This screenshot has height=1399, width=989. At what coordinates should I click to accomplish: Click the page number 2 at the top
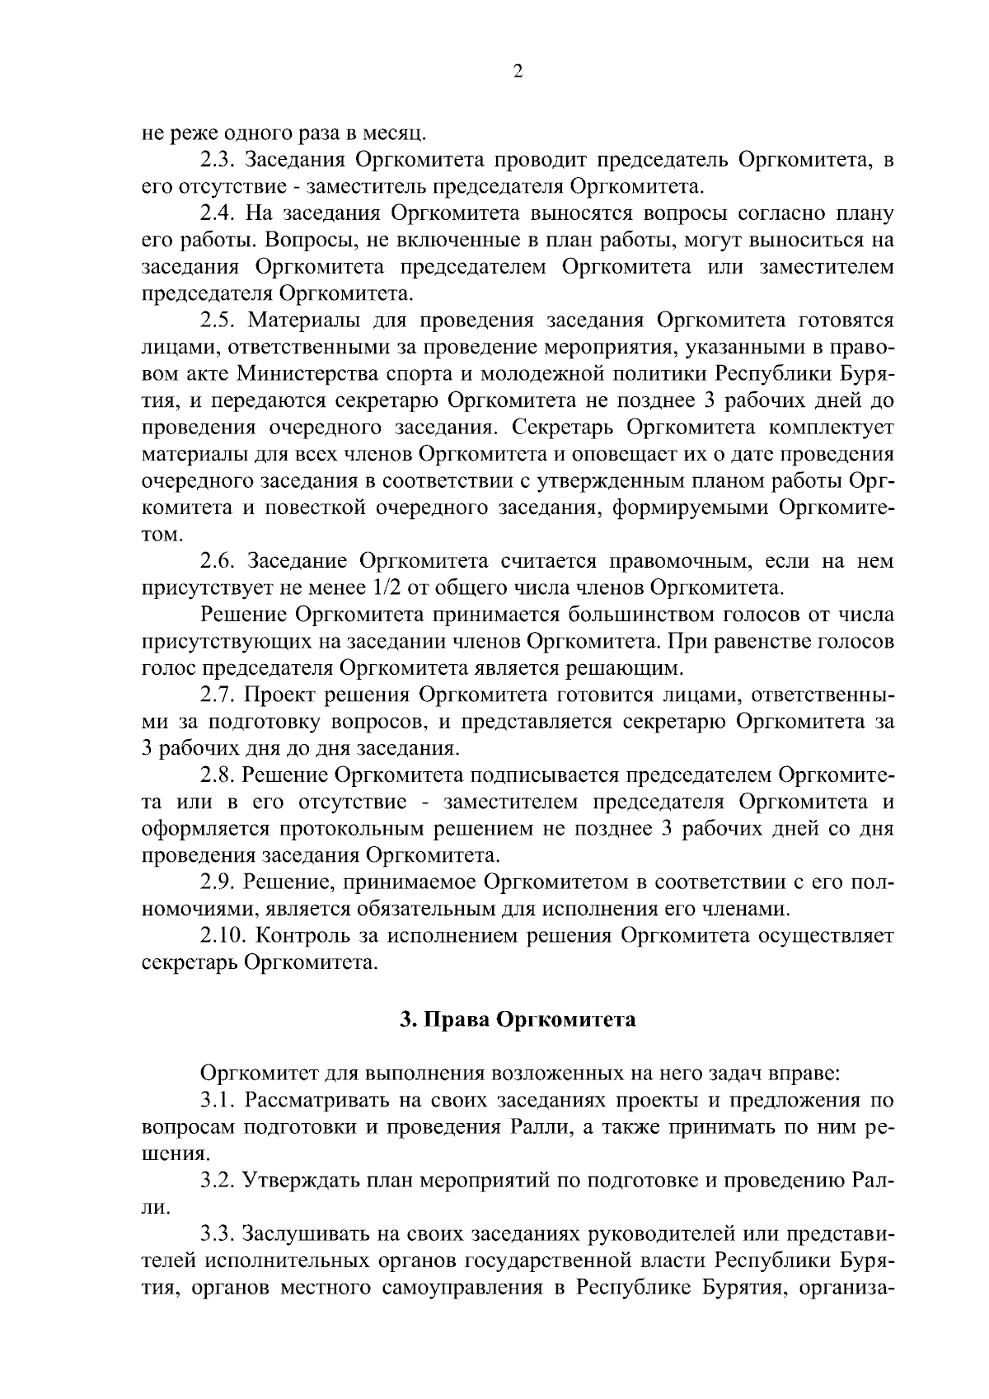click(518, 72)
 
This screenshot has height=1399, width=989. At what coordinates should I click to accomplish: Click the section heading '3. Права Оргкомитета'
click(518, 1020)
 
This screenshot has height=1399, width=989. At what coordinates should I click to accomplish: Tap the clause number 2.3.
click(218, 158)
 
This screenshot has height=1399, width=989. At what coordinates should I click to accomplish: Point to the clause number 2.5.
click(218, 321)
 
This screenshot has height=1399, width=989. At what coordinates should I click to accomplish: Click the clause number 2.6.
click(218, 562)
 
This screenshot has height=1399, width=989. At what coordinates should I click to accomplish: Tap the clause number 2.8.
click(218, 775)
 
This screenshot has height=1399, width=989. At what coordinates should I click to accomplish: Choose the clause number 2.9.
click(218, 882)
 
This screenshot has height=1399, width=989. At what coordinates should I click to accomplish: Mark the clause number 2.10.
click(223, 936)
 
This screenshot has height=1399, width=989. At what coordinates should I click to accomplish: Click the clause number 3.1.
click(218, 1100)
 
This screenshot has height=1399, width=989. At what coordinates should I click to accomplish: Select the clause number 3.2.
click(218, 1181)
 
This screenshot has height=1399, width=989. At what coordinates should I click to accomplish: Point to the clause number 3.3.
click(218, 1234)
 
